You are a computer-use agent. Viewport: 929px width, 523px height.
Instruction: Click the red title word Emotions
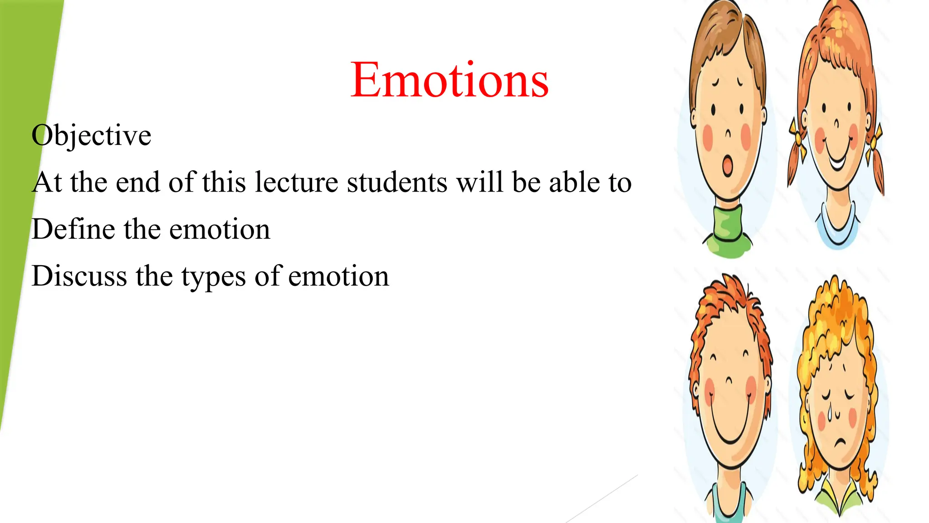449,80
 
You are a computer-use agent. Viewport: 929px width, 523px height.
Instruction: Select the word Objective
91,135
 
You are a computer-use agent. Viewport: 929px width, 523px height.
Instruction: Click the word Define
73,229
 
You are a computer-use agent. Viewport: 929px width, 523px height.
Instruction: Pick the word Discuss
79,276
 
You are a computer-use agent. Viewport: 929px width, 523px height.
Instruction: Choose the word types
214,277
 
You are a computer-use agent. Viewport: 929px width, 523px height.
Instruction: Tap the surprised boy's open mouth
728,165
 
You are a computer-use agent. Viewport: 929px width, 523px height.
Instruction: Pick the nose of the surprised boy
728,134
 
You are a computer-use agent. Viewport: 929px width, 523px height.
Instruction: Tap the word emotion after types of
338,276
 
